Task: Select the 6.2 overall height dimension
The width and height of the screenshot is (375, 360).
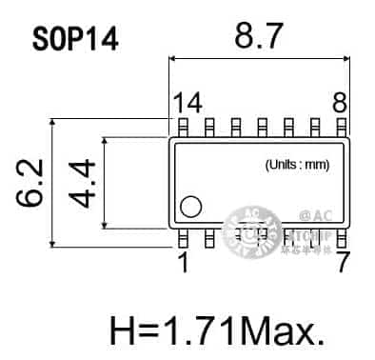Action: tap(29, 184)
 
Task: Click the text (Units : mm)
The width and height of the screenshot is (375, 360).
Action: tap(296, 165)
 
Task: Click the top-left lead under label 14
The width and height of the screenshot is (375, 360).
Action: tap(182, 126)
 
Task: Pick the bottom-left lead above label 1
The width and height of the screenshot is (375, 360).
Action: tap(182, 235)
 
